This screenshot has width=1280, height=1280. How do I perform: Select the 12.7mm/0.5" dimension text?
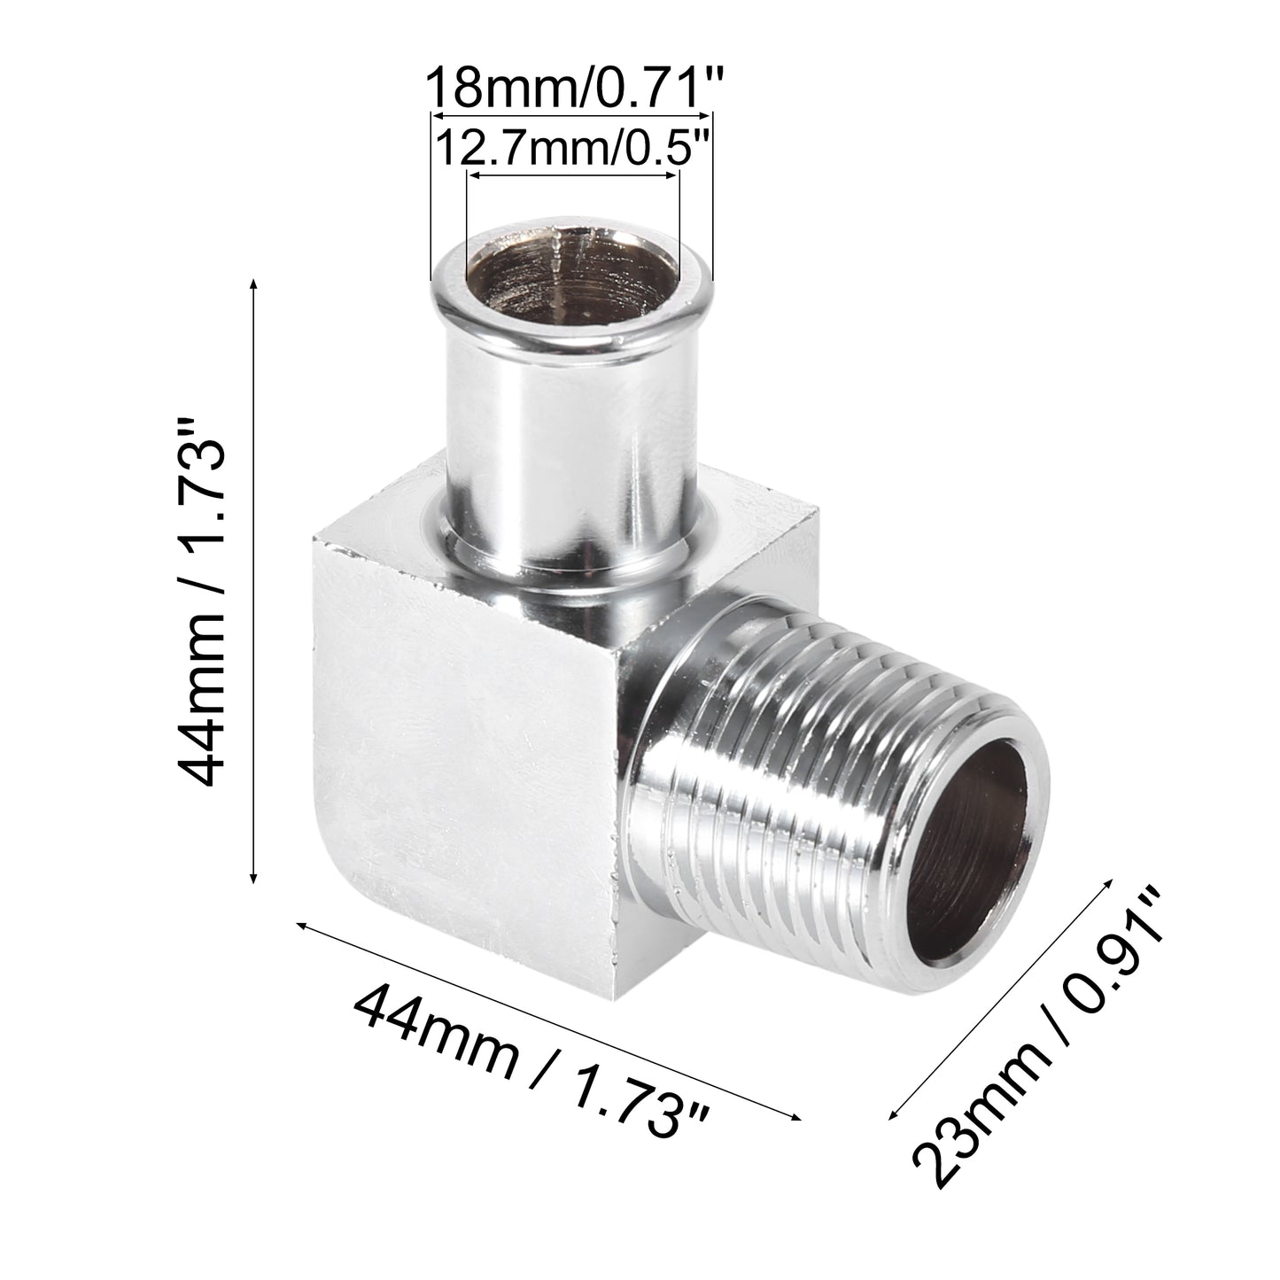pyautogui.click(x=572, y=150)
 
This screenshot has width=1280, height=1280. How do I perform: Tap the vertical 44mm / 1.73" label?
pyautogui.click(x=199, y=601)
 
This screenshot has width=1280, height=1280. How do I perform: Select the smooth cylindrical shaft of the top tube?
pyautogui.click(x=572, y=465)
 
